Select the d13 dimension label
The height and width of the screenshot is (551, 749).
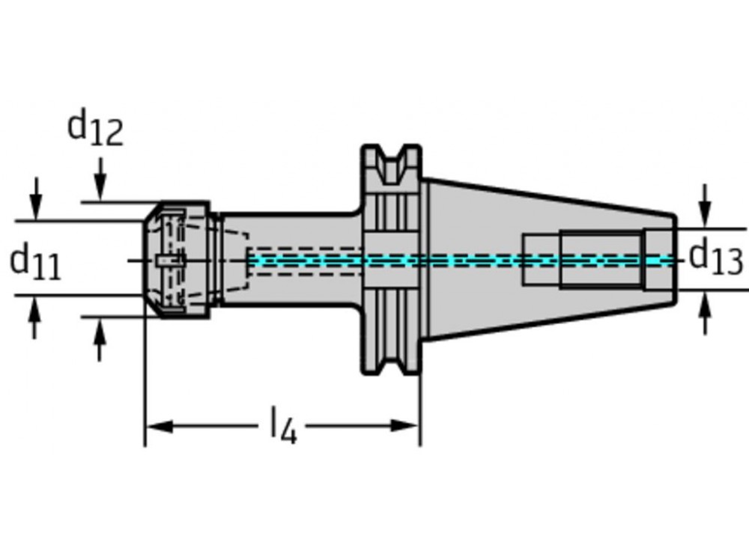(716, 258)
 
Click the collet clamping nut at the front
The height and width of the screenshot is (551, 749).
(180, 259)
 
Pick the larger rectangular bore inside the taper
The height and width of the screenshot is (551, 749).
(601, 260)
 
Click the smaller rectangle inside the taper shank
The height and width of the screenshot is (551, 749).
(541, 260)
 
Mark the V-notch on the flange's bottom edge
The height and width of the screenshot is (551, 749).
(392, 362)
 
